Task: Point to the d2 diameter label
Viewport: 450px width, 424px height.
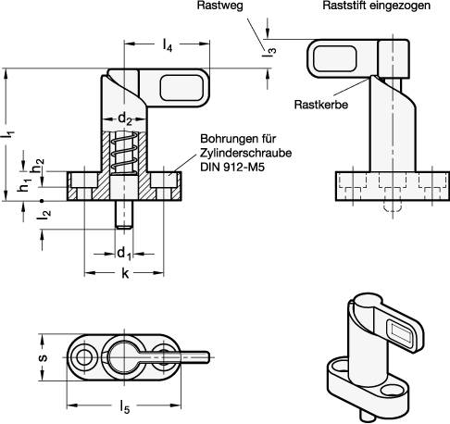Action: click(122, 118)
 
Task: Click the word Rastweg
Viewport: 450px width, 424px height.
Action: click(218, 7)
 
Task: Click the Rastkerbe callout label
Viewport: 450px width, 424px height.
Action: click(319, 105)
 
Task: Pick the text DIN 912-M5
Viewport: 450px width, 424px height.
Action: click(231, 168)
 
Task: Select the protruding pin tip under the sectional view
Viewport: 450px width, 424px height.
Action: click(122, 218)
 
